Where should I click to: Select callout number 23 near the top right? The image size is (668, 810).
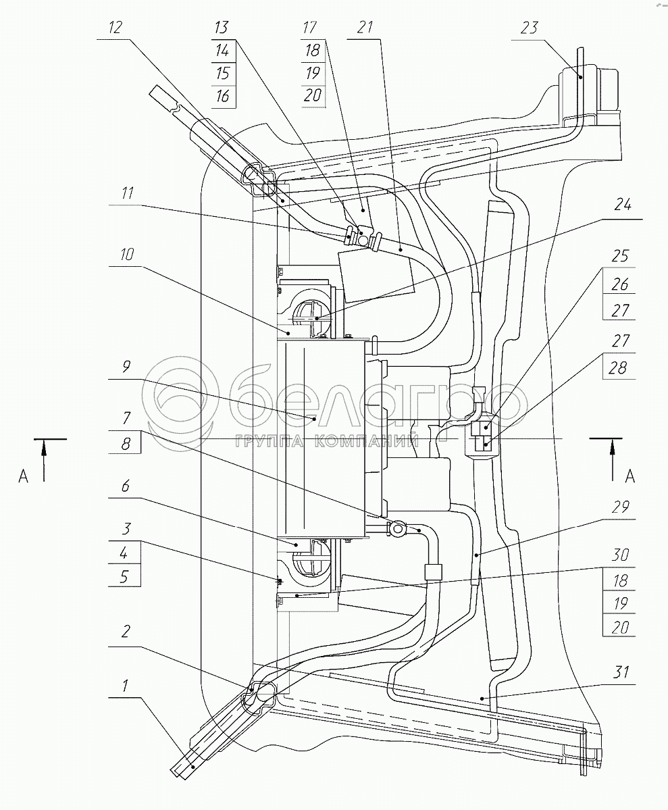click(x=530, y=28)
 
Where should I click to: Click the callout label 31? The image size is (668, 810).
click(x=622, y=672)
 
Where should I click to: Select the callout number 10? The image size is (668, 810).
click(x=128, y=255)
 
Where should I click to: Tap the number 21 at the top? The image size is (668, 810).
click(x=365, y=28)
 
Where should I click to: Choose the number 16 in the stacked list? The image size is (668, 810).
click(x=222, y=97)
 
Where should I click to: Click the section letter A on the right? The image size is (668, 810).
click(x=630, y=476)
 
